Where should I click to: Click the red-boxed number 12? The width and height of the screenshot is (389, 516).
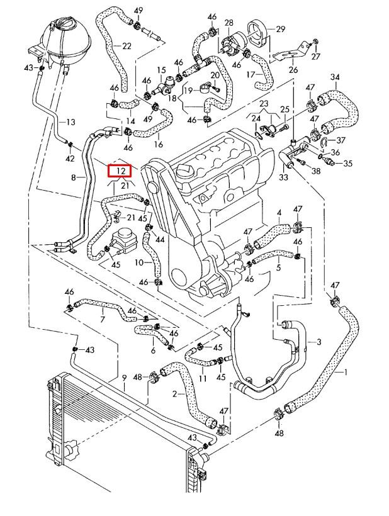[119, 171]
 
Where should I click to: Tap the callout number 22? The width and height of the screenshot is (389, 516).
[127, 46]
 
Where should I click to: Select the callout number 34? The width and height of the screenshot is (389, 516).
[334, 77]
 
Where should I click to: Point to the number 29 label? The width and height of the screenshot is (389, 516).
[281, 29]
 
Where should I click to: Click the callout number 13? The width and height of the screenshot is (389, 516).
[70, 122]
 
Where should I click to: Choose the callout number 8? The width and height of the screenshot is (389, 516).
[73, 178]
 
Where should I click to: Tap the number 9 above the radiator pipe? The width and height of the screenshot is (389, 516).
[125, 378]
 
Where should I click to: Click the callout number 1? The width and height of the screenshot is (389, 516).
[345, 372]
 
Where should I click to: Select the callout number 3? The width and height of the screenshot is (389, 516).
[319, 342]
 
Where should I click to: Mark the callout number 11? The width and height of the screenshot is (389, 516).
[203, 379]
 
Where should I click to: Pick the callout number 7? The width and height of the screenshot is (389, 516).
[103, 320]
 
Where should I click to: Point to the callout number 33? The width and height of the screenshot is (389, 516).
[283, 177]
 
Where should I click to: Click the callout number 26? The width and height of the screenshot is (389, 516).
[293, 70]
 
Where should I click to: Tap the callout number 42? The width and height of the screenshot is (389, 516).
[70, 159]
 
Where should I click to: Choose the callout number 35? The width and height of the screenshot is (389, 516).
[347, 164]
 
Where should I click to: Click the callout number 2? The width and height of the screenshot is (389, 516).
[174, 394]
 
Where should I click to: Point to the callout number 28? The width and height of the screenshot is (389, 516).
[228, 23]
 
